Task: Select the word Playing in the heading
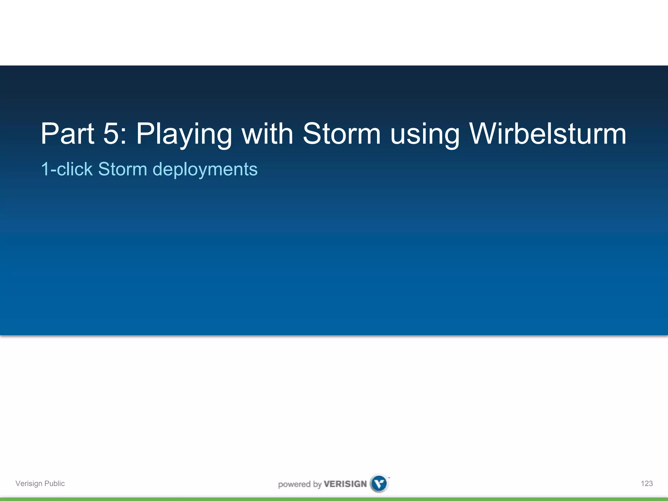tap(184, 134)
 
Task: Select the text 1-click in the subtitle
tap(67, 169)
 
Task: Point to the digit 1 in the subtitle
tap(45, 169)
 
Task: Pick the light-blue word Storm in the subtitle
tap(123, 169)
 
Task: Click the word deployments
tap(205, 170)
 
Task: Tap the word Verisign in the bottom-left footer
tap(29, 483)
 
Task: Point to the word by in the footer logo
tap(317, 484)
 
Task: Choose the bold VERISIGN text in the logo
tap(345, 484)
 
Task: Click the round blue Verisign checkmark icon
tap(379, 483)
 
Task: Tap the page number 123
tap(646, 483)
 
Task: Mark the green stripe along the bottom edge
tap(334, 499)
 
